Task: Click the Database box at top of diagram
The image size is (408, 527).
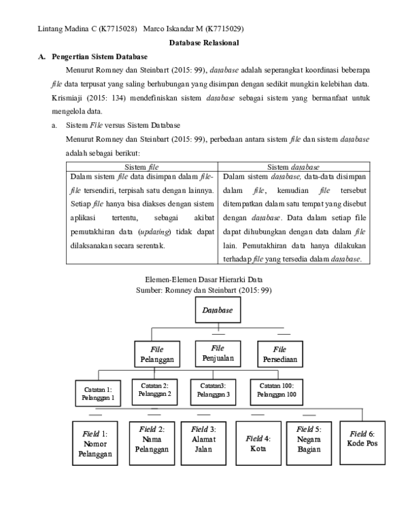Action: click(218, 310)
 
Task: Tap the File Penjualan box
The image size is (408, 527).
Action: click(218, 352)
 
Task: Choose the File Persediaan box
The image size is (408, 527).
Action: click(279, 354)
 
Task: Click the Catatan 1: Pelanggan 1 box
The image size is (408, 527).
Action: click(99, 393)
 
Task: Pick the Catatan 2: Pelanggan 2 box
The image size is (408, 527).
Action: click(155, 389)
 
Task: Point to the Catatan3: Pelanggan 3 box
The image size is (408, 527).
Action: click(214, 390)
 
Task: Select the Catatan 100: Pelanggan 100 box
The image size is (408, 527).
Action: click(275, 389)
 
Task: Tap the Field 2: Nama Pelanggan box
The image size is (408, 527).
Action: click(151, 439)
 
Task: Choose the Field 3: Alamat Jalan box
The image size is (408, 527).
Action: click(203, 439)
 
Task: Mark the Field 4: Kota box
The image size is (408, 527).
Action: click(258, 443)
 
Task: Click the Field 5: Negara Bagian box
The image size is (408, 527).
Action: click(309, 439)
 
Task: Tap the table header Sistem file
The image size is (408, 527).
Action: click(143, 166)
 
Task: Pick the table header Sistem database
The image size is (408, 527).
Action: click(294, 166)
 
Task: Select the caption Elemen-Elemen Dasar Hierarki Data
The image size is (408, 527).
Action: click(204, 279)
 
